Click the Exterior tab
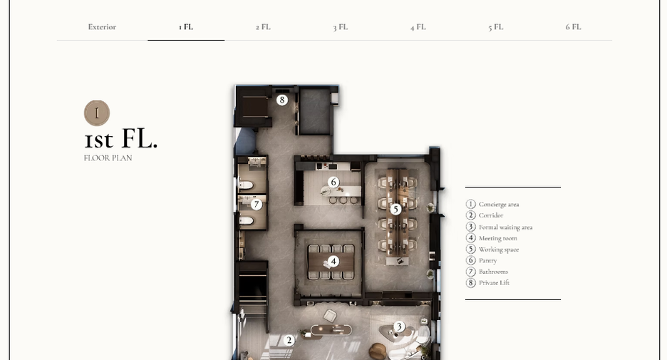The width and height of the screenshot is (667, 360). [102, 27]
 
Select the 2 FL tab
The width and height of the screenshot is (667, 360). [263, 27]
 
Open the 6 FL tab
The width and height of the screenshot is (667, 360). [573, 27]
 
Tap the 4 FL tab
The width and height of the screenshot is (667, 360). [418, 27]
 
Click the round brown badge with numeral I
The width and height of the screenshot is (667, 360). [97, 113]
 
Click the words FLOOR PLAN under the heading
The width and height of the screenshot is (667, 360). [108, 158]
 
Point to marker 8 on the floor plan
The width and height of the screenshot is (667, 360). [281, 100]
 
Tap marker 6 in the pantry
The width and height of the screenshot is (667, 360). [333, 182]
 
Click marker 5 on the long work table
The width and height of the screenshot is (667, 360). [395, 210]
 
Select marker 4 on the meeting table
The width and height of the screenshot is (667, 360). [333, 262]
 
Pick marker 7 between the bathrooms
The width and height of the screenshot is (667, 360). [256, 205]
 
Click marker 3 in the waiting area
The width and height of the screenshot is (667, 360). [399, 326]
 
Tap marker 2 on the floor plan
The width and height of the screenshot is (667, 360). [289, 340]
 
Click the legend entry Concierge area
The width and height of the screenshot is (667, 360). [499, 205]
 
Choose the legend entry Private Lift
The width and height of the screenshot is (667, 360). [494, 282]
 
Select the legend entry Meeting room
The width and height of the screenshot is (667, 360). [497, 238]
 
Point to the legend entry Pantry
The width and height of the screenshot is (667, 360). [487, 260]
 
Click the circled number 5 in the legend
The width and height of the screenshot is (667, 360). [470, 249]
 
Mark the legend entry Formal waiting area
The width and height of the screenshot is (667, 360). [505, 227]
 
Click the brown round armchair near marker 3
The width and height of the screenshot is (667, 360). [377, 351]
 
